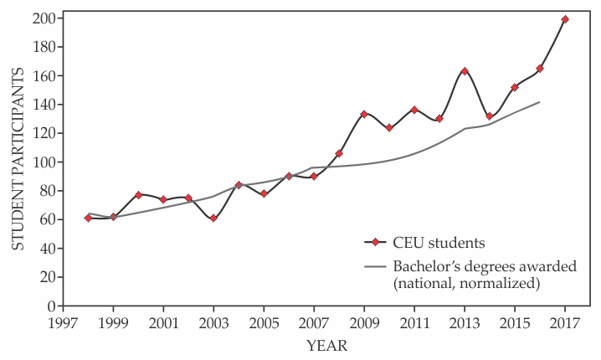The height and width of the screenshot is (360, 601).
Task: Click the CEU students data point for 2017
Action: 565,19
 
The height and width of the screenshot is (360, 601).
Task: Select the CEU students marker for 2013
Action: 465,71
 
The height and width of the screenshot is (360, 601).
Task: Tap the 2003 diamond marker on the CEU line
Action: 213,218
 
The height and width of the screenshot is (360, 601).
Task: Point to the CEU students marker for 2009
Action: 364,114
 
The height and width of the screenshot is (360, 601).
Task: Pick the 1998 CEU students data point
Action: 88,218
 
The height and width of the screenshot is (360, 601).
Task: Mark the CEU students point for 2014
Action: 490,116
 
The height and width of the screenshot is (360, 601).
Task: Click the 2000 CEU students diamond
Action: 138,195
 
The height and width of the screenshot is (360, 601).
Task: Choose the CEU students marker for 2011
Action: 414,110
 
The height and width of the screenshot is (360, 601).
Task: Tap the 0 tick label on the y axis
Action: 50,306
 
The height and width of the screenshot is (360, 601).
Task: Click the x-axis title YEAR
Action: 326,345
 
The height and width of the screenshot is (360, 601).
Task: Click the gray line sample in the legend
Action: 378,266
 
